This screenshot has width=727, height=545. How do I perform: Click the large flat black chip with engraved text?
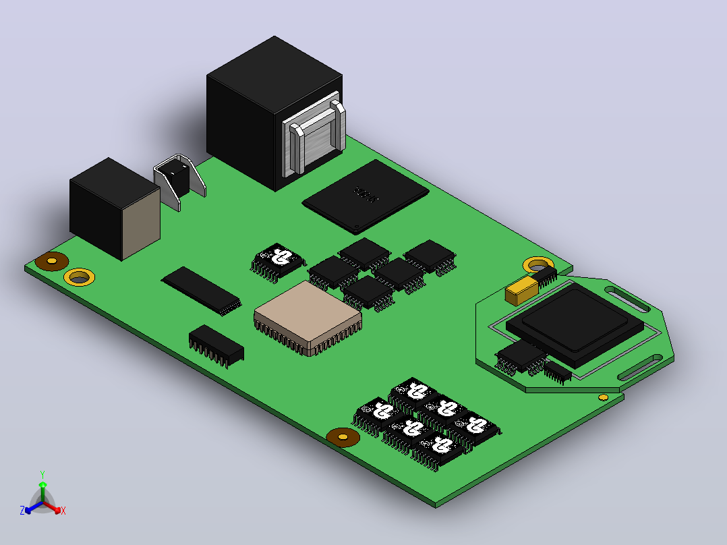click(x=366, y=196)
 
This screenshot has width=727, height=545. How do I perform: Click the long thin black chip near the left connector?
click(x=202, y=291)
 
